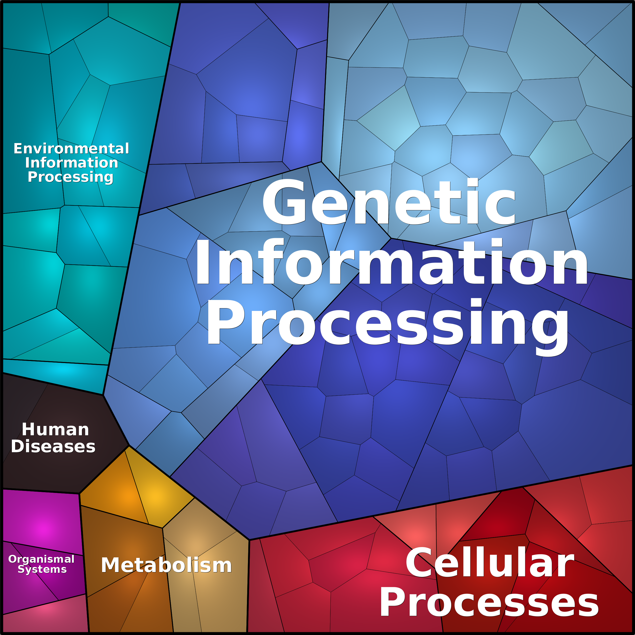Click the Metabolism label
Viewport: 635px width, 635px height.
[x=166, y=565]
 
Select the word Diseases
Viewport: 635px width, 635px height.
[x=53, y=447]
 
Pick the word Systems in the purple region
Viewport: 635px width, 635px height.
[x=42, y=569]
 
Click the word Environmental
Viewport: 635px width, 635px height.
[x=71, y=149]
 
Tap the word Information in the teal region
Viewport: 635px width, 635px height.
[x=71, y=163]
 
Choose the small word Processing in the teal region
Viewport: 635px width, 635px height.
[x=71, y=177]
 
